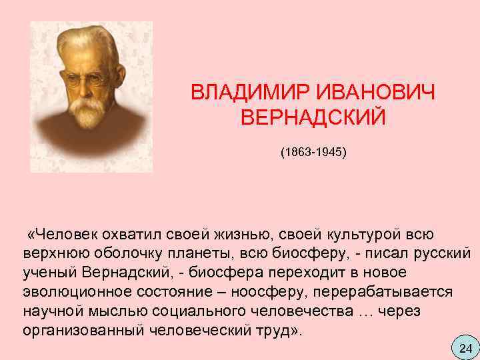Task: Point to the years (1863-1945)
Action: point(313,152)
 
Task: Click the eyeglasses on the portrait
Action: point(85,79)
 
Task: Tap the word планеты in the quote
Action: point(193,254)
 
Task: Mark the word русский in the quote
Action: point(445,254)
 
